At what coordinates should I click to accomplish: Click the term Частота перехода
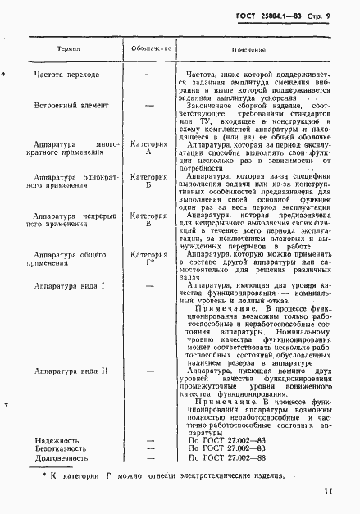pyautogui.click(x=67, y=75)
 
